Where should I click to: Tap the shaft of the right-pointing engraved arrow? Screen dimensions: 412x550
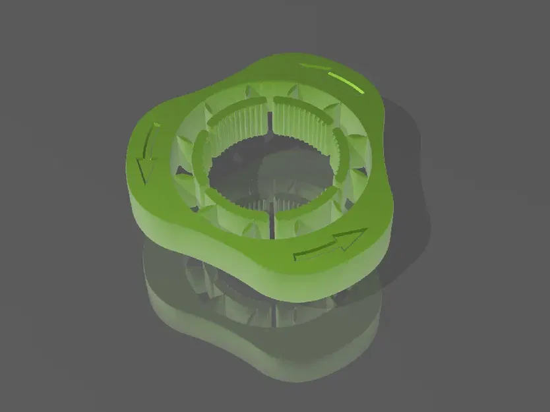click(315, 250)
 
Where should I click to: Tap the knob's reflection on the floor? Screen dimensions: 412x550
click(264, 330)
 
